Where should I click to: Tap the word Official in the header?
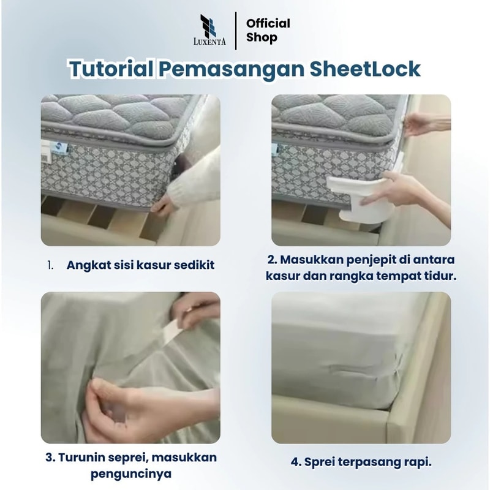pos(268,23)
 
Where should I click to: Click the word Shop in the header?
pos(262,37)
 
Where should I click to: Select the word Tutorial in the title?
pos(111,69)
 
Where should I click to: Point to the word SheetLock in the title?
pos(365,69)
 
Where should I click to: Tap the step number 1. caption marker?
pos(50,265)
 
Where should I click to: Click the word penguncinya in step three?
pos(131,474)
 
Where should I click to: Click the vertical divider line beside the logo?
pos(236,31)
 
